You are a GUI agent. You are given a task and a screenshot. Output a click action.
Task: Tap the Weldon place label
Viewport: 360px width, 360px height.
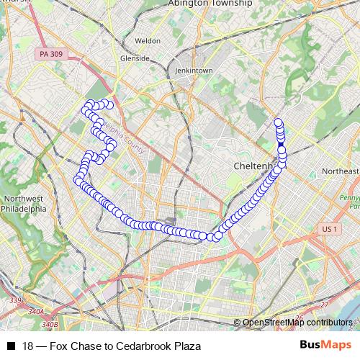click(148, 41)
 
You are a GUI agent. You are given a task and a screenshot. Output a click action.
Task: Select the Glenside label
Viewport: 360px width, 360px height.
click(135, 58)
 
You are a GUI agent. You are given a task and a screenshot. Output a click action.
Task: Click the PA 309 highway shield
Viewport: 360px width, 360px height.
click(46, 54)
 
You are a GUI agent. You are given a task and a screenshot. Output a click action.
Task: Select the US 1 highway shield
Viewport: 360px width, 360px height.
click(328, 229)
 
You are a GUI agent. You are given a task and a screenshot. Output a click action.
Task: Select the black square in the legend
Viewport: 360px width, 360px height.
click(11, 346)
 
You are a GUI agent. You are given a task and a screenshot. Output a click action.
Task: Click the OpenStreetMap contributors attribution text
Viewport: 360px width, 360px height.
click(297, 323)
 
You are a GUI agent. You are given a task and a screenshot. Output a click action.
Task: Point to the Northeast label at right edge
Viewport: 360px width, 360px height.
click(340, 171)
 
